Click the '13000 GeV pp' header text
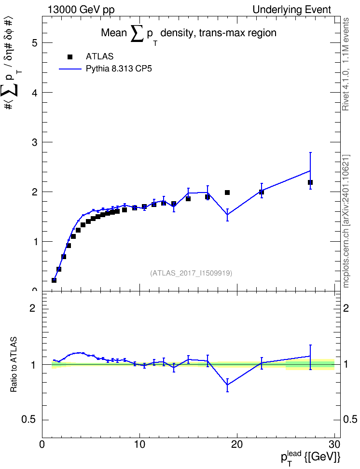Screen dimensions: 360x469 81,10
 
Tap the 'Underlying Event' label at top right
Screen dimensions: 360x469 292,10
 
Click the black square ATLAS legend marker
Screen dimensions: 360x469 70,57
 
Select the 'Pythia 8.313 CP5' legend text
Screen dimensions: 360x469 119,69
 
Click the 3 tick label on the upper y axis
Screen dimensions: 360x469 35,142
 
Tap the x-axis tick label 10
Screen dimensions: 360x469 139,445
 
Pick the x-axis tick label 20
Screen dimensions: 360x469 237,445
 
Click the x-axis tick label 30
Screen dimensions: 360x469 334,445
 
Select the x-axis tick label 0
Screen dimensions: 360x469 42,445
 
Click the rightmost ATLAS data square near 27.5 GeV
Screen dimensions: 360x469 310,182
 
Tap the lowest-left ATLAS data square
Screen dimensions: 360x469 54,280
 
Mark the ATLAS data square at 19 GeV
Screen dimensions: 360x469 227,193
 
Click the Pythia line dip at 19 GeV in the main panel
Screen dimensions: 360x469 227,214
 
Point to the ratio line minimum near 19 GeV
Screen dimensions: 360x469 227,385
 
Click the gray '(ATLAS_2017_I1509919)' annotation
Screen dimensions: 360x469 191,273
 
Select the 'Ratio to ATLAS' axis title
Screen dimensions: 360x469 14,364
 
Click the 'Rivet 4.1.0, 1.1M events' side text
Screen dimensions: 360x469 346,64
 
